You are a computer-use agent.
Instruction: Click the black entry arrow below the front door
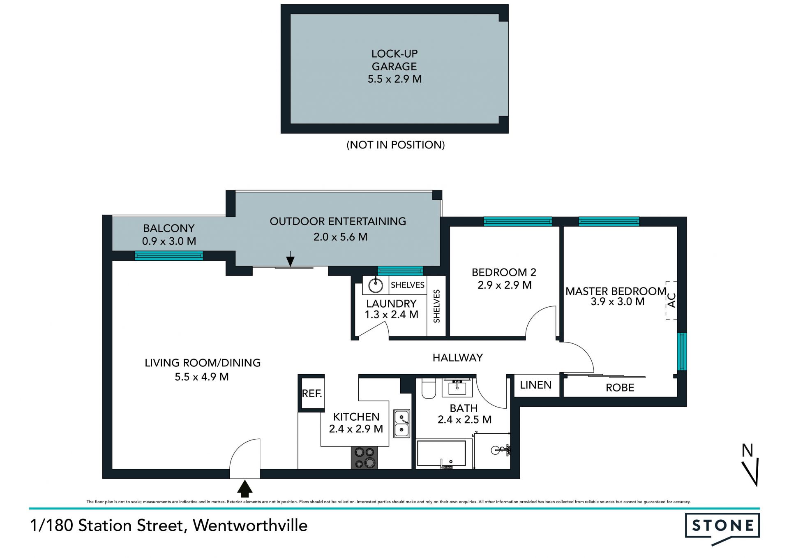(245, 489)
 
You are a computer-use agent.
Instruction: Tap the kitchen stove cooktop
(365, 458)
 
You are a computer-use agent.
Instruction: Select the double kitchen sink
(401, 423)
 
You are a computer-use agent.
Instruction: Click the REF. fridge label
(312, 394)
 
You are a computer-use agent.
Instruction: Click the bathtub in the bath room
(441, 454)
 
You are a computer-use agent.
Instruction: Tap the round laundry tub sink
(375, 285)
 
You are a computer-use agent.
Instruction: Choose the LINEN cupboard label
(536, 385)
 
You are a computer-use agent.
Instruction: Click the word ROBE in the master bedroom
(620, 387)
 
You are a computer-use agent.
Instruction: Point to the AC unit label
(671, 300)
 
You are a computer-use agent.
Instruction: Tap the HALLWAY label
(457, 358)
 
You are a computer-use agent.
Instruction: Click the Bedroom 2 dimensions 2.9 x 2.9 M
(505, 285)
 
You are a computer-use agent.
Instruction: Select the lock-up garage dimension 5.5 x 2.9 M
(394, 79)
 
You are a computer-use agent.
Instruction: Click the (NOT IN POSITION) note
(395, 145)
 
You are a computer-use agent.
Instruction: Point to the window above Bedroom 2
(518, 222)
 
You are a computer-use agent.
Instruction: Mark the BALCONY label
(168, 228)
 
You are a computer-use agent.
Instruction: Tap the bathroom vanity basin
(457, 387)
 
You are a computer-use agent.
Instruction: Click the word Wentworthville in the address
(250, 526)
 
